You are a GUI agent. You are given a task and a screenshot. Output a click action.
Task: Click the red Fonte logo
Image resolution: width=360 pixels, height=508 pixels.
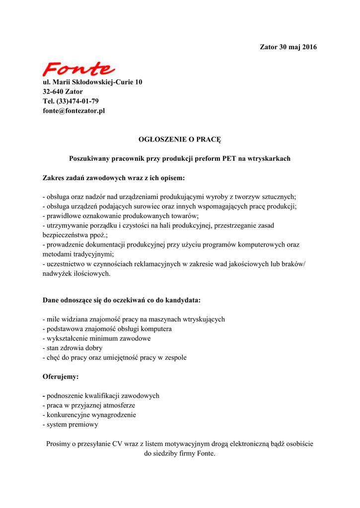78,68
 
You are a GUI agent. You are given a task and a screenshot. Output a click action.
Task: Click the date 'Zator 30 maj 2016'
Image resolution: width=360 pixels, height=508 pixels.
288,47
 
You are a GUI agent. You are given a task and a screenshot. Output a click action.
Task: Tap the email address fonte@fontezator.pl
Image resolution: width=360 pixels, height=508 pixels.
73,111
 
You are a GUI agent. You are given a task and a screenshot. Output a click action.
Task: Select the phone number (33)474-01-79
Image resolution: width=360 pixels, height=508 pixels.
77,101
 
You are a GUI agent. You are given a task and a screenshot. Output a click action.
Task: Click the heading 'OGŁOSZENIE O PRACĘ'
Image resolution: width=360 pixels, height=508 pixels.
179,140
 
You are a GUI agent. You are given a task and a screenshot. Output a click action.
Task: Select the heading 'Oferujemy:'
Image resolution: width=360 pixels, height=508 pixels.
61,377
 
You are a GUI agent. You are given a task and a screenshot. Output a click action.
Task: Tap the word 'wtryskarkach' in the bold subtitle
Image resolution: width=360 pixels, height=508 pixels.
267,159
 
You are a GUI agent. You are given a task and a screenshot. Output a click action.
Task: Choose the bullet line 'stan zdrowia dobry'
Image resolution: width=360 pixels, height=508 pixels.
72,348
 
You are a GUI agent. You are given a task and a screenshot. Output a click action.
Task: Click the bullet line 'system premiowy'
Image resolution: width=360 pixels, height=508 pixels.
71,425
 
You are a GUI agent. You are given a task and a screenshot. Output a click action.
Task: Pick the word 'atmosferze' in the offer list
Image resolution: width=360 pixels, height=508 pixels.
119,405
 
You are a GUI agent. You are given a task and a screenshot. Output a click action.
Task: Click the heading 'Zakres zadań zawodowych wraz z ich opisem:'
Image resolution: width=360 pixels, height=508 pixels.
114,177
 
